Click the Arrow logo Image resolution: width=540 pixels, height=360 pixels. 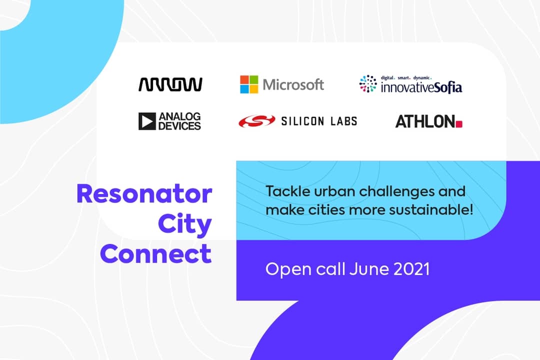170,84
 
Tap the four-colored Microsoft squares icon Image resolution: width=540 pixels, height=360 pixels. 249,84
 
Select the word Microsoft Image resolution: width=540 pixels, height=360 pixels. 293,84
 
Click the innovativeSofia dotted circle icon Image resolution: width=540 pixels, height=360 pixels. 368,83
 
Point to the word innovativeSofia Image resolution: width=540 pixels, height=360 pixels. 421,87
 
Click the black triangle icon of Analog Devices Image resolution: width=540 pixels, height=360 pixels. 147,121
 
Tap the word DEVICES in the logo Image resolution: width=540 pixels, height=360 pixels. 179,125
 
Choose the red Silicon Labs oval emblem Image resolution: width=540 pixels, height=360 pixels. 257,121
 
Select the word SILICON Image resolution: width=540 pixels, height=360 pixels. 302,121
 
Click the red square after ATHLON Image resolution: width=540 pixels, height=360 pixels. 458,124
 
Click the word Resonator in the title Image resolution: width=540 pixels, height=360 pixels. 144,193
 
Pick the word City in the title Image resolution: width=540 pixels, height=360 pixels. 185,224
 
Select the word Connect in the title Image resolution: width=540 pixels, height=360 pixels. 156,254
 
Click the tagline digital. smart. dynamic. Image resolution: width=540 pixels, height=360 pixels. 406,78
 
